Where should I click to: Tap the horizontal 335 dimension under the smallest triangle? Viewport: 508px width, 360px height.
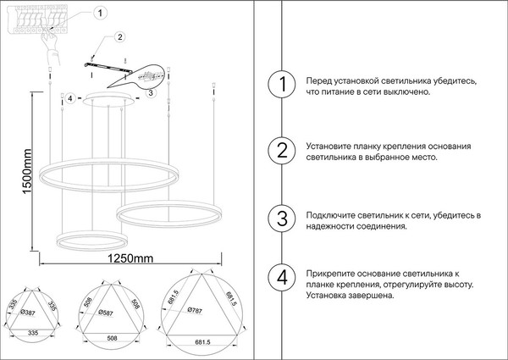click(34, 335)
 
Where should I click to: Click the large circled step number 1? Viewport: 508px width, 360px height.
click(280, 86)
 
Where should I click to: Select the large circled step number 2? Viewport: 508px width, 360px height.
click(280, 152)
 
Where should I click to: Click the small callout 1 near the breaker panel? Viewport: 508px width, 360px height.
click(102, 13)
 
